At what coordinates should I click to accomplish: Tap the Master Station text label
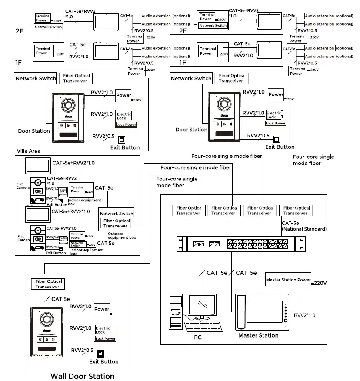[258, 335]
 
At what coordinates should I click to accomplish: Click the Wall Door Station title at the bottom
[83, 376]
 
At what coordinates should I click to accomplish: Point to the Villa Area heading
[29, 151]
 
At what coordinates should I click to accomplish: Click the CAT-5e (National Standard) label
[298, 225]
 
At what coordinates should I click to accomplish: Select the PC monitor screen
[201, 304]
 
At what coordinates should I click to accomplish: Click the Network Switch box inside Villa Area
[117, 214]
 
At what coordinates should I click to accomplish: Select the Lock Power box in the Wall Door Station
[105, 338]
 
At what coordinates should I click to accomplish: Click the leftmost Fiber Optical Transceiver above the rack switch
[189, 211]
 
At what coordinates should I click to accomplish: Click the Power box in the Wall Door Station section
[102, 309]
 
